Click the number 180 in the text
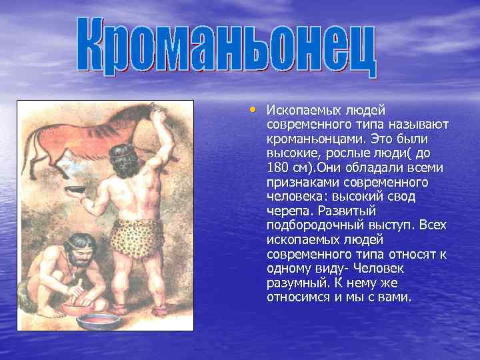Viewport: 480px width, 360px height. (x=278, y=167)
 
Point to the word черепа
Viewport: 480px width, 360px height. (x=289, y=211)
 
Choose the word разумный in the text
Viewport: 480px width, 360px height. (x=293, y=283)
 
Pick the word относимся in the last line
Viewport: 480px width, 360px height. (x=297, y=297)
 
